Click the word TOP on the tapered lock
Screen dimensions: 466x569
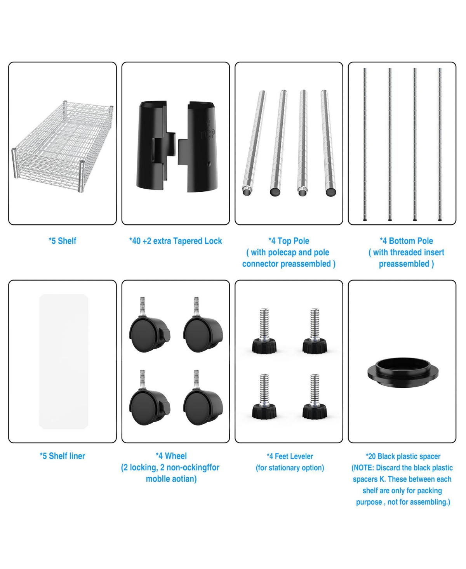tap(207, 134)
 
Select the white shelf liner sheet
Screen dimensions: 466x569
tap(64, 361)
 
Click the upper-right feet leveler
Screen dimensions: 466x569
tap(315, 331)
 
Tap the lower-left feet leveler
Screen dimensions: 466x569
tap(264, 396)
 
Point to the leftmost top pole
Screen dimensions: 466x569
tap(254, 143)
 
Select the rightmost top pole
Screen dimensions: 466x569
tap(328, 143)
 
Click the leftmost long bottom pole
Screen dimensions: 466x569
tap(365, 144)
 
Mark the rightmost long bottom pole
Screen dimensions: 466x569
tap(440, 144)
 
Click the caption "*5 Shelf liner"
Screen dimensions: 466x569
tap(63, 456)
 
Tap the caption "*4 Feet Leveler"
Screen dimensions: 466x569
tap(290, 456)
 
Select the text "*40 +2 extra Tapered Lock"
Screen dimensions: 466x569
tap(176, 241)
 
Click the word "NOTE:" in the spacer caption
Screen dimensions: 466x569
tap(363, 468)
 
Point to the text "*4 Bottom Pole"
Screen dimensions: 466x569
tap(406, 241)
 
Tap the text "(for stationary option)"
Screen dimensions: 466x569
tap(290, 468)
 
